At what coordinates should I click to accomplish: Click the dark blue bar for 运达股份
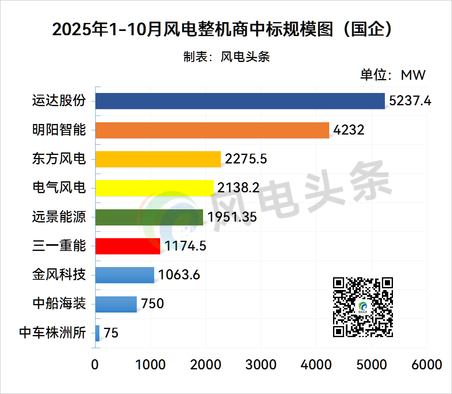[x=240, y=101]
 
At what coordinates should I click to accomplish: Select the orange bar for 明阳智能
[x=212, y=130]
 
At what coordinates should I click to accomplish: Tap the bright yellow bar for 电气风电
[x=155, y=188]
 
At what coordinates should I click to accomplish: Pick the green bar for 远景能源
[x=149, y=217]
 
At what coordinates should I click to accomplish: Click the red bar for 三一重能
[x=128, y=246]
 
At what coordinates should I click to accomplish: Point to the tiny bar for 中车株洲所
[x=98, y=333]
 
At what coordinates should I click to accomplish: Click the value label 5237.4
[x=410, y=101]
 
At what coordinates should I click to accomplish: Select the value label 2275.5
[x=246, y=159]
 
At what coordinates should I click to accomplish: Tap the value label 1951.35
[x=232, y=217]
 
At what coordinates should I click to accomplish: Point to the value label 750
[x=153, y=304]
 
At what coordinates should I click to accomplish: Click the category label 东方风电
[x=59, y=159]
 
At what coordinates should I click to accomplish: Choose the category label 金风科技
[x=59, y=275]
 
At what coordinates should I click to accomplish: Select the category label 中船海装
[x=59, y=304]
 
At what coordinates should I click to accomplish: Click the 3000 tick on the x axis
[x=261, y=365]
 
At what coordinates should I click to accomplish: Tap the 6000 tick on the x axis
[x=427, y=365]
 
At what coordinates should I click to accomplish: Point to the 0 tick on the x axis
[x=95, y=365]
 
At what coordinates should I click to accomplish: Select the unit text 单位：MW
[x=393, y=75]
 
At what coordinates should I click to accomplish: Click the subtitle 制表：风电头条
[x=226, y=57]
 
